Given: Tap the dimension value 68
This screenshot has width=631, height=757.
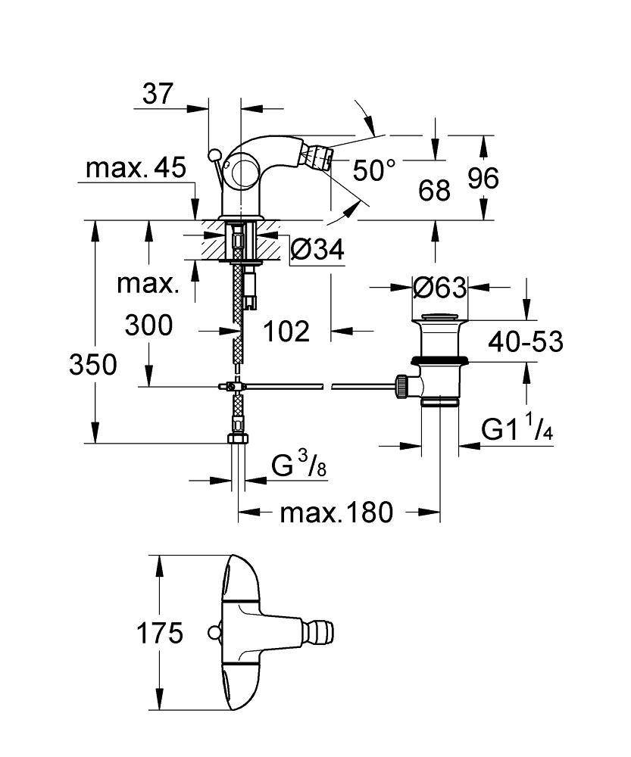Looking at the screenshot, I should point(434,189).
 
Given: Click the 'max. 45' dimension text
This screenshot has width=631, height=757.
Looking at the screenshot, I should point(136,168).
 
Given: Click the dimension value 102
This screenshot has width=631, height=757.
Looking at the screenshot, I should point(286,331).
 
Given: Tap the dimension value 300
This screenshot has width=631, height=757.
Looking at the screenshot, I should point(148,326).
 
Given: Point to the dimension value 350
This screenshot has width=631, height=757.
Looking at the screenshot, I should point(93,365).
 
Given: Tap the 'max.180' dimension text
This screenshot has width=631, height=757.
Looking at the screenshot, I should point(337,513).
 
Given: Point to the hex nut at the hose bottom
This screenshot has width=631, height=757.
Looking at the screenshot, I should point(239,440).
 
